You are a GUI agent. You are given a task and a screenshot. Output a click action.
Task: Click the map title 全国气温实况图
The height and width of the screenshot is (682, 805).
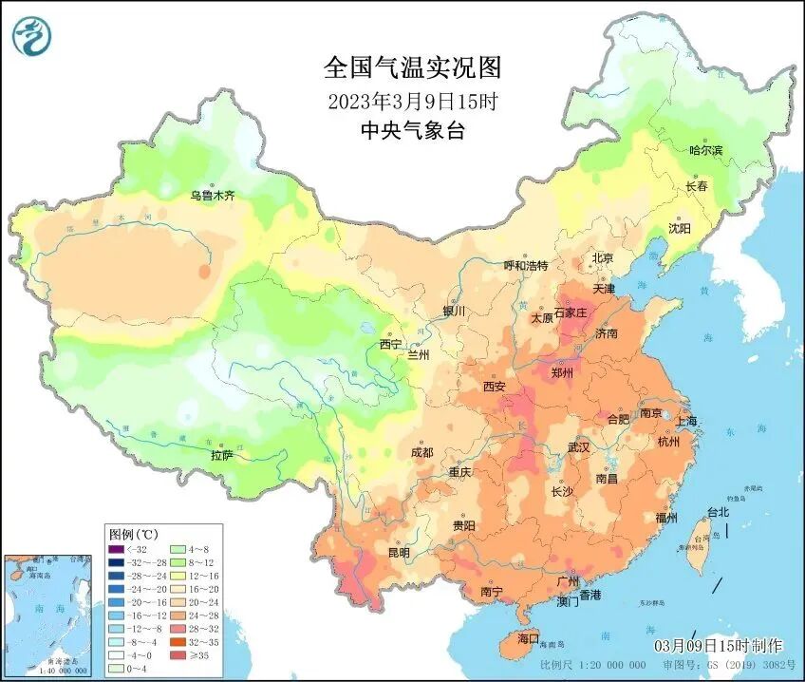tap(411, 67)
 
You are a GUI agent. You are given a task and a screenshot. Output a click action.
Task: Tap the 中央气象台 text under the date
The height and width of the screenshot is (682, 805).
tap(412, 131)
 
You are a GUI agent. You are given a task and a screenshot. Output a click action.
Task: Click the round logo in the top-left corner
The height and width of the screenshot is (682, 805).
tap(31, 34)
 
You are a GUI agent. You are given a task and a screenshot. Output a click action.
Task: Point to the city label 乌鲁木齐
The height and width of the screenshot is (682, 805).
tap(211, 196)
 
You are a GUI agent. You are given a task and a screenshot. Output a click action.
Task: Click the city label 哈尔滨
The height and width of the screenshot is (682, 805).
tap(704, 150)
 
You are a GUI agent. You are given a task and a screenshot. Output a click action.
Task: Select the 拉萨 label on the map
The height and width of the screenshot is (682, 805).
tap(221, 455)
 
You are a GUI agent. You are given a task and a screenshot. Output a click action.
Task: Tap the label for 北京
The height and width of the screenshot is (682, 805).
tap(603, 257)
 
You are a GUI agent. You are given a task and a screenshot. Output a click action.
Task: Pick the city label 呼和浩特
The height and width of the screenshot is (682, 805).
tap(525, 265)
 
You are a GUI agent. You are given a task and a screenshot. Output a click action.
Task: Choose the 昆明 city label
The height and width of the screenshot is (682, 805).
tap(399, 552)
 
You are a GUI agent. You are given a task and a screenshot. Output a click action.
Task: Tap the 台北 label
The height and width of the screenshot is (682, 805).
tap(718, 512)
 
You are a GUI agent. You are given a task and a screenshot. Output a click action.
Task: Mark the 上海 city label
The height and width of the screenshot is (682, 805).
tap(684, 421)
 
